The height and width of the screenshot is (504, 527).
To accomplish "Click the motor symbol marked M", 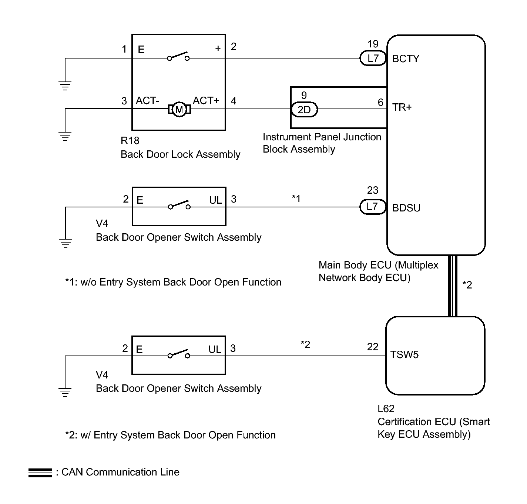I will (x=179, y=109).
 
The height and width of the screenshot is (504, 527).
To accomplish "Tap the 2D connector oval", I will (x=304, y=110).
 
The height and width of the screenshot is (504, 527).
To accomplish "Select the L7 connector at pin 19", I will (x=373, y=58).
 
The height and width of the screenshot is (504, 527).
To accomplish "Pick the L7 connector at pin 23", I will (x=372, y=207).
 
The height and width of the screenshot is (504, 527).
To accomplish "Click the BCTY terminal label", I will (x=406, y=59).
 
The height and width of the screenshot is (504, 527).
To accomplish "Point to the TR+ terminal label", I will (x=402, y=107).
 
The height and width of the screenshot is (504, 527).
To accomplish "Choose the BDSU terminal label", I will (x=406, y=208).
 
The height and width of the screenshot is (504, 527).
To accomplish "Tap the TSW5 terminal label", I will (x=404, y=355).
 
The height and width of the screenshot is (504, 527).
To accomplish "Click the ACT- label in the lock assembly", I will (x=147, y=101).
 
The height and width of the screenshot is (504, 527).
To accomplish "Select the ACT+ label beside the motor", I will (x=206, y=101).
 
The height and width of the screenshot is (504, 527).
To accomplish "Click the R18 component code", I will (x=130, y=141).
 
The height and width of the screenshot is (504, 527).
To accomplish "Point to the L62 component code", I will (x=386, y=409).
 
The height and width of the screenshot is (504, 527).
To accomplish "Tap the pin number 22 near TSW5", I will (x=373, y=347).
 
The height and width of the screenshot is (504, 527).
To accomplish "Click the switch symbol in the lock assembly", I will (x=178, y=56).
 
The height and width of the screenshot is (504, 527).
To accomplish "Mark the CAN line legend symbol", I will (x=40, y=473).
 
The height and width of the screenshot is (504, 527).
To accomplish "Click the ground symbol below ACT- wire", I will (x=65, y=136).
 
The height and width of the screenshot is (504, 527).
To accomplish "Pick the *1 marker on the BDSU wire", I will (x=296, y=199).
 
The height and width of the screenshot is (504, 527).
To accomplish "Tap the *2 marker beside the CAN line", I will (x=467, y=285).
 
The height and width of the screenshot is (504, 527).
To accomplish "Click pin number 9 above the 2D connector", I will (x=304, y=96).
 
